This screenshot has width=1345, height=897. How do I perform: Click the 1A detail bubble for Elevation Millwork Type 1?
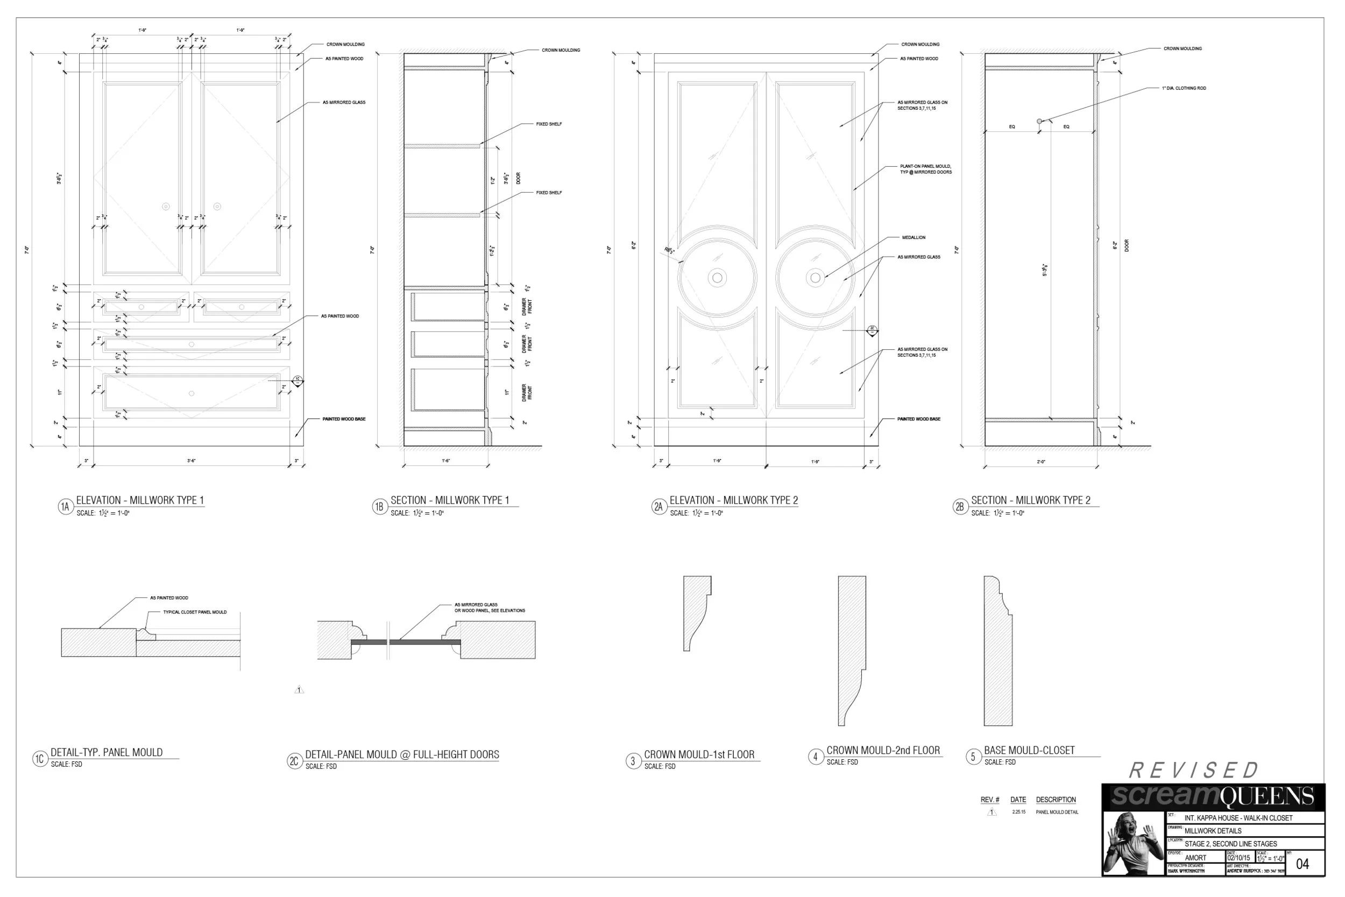pyautogui.click(x=66, y=507)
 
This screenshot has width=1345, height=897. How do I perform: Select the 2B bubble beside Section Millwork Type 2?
pyautogui.click(x=960, y=507)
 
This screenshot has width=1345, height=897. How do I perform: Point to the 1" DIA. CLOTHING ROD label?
pyautogui.click(x=1183, y=88)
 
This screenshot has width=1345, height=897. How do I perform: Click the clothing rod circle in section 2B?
pyautogui.click(x=1039, y=121)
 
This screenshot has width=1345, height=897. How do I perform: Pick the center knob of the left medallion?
pyautogui.click(x=717, y=278)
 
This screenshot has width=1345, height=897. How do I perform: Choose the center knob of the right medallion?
pyautogui.click(x=816, y=278)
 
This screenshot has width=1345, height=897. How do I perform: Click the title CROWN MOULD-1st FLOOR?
pyautogui.click(x=699, y=754)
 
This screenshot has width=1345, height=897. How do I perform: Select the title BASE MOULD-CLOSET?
pyautogui.click(x=1029, y=750)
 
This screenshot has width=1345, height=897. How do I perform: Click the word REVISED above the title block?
pyautogui.click(x=1194, y=771)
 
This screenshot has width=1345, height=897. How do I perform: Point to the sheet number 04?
pyautogui.click(x=1302, y=864)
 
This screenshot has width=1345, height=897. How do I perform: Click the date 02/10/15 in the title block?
pyautogui.click(x=1238, y=858)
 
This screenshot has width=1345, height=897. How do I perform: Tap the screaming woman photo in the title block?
pyautogui.click(x=1132, y=844)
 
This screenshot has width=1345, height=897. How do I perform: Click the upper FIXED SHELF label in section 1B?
pyautogui.click(x=548, y=124)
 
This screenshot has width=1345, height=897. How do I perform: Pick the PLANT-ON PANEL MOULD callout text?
pyautogui.click(x=925, y=169)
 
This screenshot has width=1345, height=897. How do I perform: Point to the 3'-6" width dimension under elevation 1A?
pyautogui.click(x=192, y=461)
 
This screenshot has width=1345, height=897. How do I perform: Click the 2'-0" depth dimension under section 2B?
pyautogui.click(x=1041, y=462)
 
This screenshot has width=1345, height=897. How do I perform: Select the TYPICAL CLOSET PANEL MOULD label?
pyautogui.click(x=194, y=612)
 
